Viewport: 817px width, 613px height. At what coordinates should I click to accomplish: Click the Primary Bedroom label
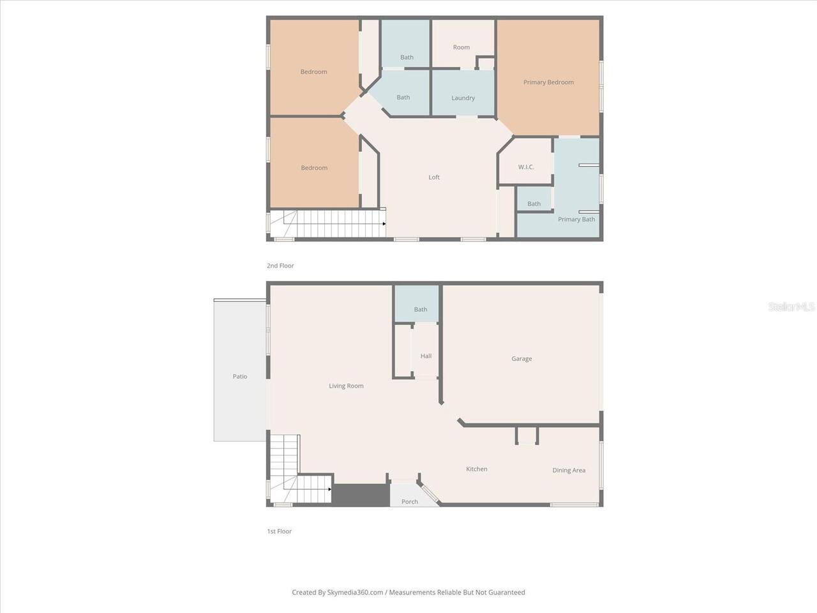(548, 82)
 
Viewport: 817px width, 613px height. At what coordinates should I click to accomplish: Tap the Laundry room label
(463, 98)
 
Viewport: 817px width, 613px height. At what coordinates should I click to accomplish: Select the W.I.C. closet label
(526, 167)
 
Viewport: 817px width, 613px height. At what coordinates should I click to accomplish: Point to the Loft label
(434, 178)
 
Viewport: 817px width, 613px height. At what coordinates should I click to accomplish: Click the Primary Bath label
(576, 220)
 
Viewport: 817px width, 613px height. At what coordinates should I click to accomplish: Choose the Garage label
(521, 359)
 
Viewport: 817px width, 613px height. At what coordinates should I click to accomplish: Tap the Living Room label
(346, 386)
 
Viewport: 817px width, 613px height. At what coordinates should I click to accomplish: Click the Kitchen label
(476, 469)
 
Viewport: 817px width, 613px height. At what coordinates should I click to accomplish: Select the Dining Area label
(569, 471)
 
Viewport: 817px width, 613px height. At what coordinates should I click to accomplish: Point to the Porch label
(410, 502)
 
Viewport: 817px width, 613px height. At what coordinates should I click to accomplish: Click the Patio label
(240, 377)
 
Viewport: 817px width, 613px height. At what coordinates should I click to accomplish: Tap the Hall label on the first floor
(426, 356)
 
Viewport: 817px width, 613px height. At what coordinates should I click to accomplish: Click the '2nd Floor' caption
(280, 266)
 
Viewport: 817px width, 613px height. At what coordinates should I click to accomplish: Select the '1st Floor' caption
(280, 531)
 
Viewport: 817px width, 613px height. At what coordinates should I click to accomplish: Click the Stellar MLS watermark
(791, 307)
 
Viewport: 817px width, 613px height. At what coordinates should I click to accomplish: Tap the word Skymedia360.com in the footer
(356, 593)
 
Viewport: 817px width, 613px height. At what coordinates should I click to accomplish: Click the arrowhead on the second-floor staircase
(384, 224)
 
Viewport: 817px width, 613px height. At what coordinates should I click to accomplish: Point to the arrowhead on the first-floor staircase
(329, 489)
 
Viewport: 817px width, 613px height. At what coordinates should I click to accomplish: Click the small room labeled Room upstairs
(461, 47)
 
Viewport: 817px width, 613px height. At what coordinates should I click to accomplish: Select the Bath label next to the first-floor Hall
(420, 310)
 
